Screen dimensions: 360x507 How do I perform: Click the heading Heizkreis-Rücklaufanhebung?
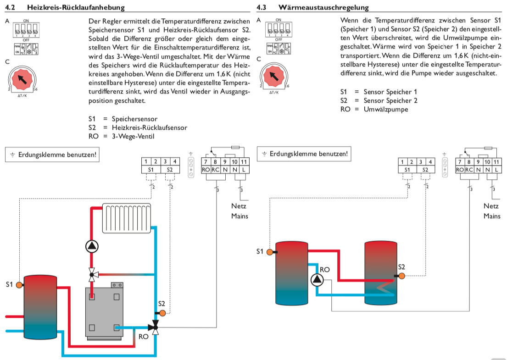click(76, 7)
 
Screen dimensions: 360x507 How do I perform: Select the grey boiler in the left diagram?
click(104, 312)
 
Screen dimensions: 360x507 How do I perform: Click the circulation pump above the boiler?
click(92, 247)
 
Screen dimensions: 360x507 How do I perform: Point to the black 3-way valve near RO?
click(155, 327)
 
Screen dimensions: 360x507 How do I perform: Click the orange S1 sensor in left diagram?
click(19, 285)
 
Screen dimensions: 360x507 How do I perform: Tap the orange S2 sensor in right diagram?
click(401, 276)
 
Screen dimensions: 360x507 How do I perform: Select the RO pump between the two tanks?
click(317, 279)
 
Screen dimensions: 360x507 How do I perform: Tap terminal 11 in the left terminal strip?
click(244, 161)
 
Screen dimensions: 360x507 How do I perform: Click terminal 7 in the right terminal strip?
click(459, 161)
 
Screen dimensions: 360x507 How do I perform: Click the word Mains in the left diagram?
click(239, 216)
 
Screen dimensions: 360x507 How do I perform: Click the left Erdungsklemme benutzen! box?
click(52, 155)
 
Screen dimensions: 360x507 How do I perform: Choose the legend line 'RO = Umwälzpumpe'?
click(374, 109)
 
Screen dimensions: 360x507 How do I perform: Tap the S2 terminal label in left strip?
click(170, 170)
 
